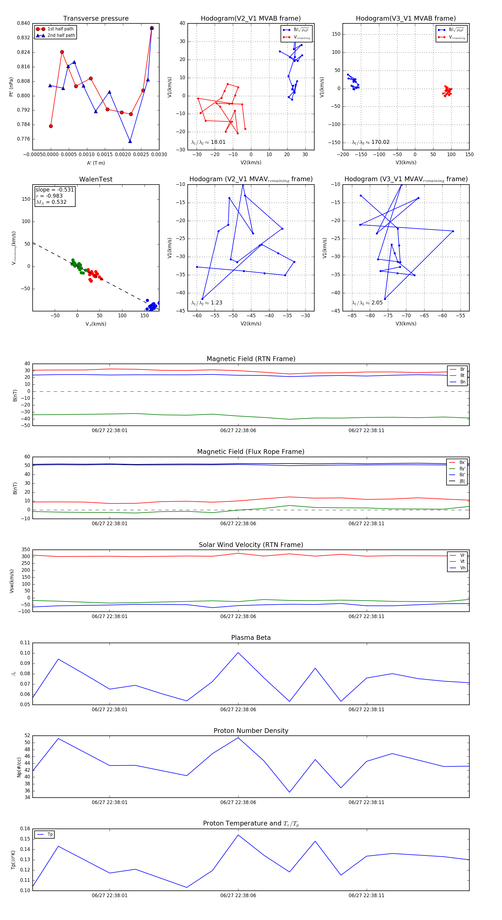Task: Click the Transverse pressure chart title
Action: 96,19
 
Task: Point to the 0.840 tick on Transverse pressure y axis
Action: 24,23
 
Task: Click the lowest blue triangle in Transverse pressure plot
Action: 130,141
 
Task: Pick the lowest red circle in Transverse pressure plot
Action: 51,126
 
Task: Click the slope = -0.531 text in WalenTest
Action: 55,190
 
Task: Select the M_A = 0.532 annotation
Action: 51,202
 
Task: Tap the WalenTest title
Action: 96,179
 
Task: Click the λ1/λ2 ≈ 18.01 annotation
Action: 208,142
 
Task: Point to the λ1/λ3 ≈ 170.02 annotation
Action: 371,142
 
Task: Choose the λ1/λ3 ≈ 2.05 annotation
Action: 367,303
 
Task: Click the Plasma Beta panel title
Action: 251,638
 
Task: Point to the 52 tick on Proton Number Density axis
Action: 27,736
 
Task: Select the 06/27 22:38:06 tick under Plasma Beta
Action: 238,709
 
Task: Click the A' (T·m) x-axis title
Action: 96,163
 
